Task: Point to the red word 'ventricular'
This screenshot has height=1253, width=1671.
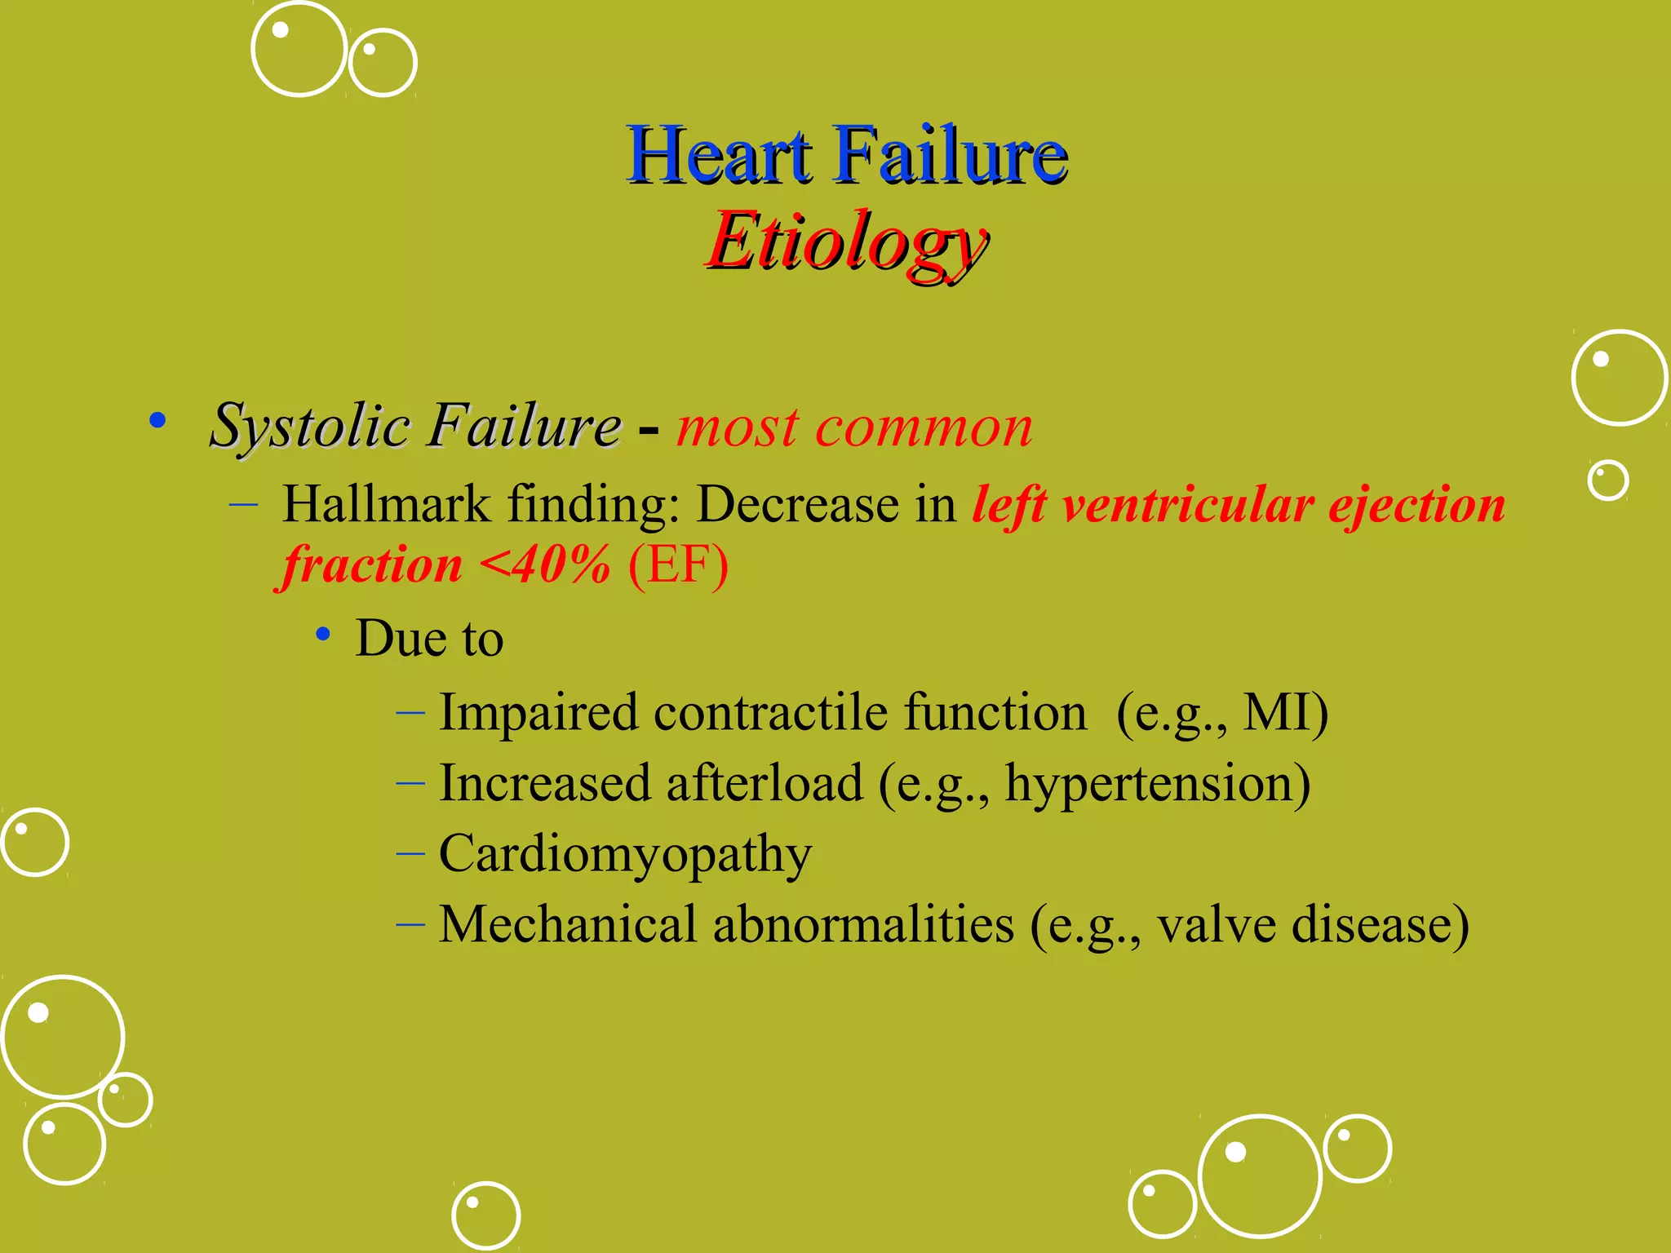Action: tap(1187, 504)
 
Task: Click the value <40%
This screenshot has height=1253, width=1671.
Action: tap(544, 565)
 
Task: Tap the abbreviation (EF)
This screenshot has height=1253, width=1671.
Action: tap(678, 565)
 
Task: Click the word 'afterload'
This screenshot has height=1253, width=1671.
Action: tap(765, 783)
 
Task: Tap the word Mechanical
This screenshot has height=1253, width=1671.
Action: tap(567, 924)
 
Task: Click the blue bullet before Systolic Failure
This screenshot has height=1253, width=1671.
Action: tap(157, 421)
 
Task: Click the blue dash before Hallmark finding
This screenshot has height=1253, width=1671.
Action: tap(243, 505)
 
